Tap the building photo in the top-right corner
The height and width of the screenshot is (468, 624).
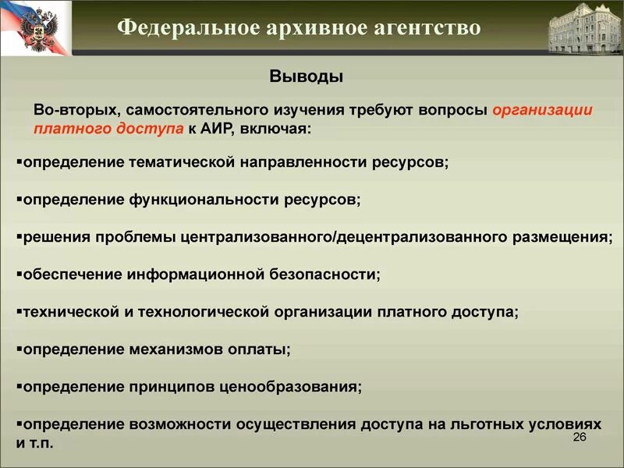[x=585, y=29]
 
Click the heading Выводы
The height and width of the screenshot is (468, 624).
[x=307, y=76]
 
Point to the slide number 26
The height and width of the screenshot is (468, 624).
[x=580, y=437]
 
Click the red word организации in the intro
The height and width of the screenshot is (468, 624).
[x=543, y=110]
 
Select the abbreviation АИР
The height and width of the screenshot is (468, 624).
[x=218, y=128]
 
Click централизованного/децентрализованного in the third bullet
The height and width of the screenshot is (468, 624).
[x=344, y=237]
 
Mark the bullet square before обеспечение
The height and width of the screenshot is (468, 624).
[x=19, y=274]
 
